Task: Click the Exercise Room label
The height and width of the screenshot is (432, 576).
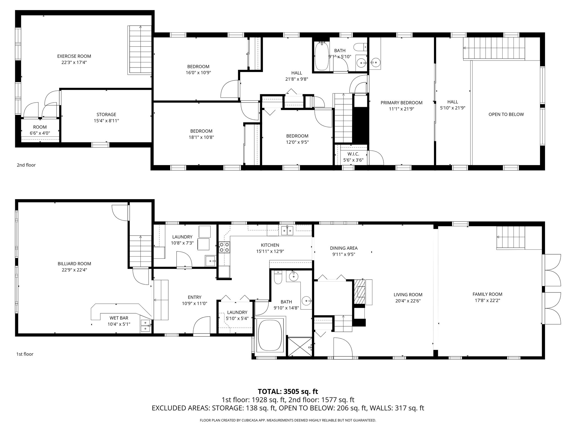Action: (x=74, y=56)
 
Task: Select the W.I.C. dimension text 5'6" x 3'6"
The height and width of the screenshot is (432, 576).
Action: (x=353, y=160)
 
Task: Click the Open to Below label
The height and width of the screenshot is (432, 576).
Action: (x=506, y=114)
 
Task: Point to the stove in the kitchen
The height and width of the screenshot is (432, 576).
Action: (x=224, y=247)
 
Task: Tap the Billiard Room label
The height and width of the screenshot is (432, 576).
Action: (x=74, y=264)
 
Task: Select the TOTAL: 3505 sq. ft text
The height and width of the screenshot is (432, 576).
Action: (x=288, y=391)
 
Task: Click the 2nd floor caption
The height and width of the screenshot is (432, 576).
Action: (x=26, y=165)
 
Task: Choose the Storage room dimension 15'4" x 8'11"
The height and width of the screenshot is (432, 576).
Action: (x=106, y=121)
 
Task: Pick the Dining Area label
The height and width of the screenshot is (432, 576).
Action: (x=344, y=248)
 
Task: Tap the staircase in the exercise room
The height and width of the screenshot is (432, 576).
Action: (x=140, y=50)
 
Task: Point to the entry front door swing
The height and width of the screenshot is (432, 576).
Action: (x=202, y=326)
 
